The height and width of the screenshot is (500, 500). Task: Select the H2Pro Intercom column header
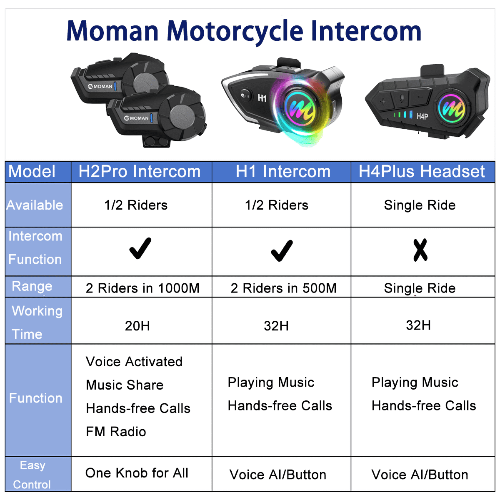click(x=140, y=172)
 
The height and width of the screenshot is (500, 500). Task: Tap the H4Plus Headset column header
click(x=422, y=172)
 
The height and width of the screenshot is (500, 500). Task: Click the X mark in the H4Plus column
click(x=420, y=250)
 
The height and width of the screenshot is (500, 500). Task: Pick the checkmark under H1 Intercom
click(x=282, y=250)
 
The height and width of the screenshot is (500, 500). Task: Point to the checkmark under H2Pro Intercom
click(x=140, y=249)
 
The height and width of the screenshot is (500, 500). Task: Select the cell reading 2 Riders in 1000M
click(x=142, y=288)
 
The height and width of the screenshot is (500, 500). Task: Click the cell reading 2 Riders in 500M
click(x=283, y=288)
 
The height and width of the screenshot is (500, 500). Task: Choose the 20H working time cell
click(x=137, y=326)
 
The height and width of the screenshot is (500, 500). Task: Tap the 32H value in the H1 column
click(x=276, y=326)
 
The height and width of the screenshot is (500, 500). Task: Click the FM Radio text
click(x=116, y=432)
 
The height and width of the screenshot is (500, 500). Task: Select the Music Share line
click(x=125, y=385)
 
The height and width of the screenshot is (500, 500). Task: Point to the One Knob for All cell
click(x=137, y=473)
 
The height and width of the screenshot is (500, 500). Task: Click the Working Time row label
click(x=37, y=322)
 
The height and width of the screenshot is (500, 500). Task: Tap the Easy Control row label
click(x=32, y=475)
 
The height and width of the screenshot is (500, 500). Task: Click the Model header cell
click(x=32, y=172)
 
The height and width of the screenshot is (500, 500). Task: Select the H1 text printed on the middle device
click(x=262, y=98)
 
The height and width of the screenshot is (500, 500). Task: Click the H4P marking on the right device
click(x=422, y=116)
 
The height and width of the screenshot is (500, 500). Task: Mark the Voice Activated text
click(x=134, y=362)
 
